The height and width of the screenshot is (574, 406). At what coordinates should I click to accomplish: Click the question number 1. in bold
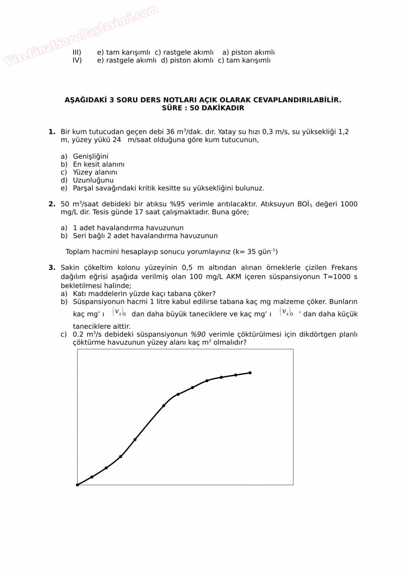(x=52, y=132)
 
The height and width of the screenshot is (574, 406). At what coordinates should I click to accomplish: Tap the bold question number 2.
(x=52, y=204)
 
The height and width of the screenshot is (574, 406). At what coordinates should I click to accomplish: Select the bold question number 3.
(x=52, y=268)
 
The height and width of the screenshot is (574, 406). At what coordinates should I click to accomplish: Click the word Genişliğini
(x=90, y=156)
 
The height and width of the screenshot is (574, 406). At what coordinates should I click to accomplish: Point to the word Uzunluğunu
(x=93, y=180)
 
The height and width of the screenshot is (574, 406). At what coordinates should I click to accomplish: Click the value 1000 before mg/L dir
(x=349, y=204)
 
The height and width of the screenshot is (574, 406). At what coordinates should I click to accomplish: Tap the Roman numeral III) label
(x=77, y=52)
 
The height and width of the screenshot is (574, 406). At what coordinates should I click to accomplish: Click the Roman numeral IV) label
(x=77, y=60)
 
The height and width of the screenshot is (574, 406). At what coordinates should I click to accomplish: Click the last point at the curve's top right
(x=250, y=373)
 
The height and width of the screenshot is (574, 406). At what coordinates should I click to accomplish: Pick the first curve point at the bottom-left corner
(x=78, y=485)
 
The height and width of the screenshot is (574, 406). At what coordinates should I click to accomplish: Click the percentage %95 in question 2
(x=177, y=204)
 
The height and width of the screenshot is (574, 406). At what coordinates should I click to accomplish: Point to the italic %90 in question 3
(x=198, y=334)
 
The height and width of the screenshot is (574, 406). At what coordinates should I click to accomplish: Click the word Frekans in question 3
(x=344, y=268)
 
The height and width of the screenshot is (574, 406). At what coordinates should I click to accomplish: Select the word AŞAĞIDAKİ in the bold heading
(x=86, y=100)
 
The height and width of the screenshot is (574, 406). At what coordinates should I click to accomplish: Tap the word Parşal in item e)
(x=83, y=188)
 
